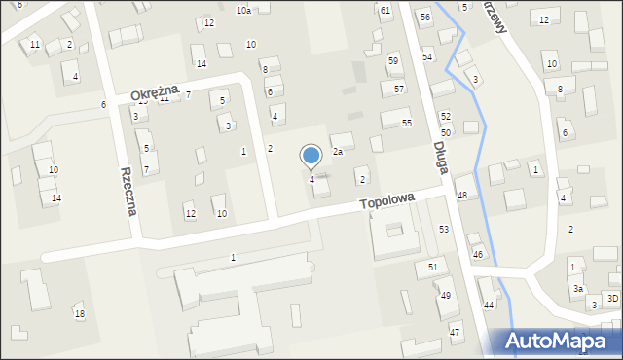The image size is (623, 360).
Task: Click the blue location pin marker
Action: (x=311, y=156)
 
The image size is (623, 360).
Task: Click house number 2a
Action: (x=338, y=152)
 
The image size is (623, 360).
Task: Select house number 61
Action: (x=385, y=10)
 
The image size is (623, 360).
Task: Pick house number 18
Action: (x=80, y=313)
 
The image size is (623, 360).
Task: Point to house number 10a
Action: (x=243, y=10)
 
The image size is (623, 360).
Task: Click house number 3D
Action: (x=612, y=298)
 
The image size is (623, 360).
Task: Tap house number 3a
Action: (x=577, y=289)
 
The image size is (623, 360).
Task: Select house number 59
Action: (x=393, y=60)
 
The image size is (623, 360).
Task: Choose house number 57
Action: (x=399, y=89)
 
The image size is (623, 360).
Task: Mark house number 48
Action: (x=462, y=196)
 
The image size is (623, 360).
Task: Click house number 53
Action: (x=444, y=229)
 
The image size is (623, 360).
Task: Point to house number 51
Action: (x=433, y=267)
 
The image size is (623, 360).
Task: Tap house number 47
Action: (x=455, y=333)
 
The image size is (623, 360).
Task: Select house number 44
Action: (x=489, y=306)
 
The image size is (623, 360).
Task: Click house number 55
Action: (x=407, y=124)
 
